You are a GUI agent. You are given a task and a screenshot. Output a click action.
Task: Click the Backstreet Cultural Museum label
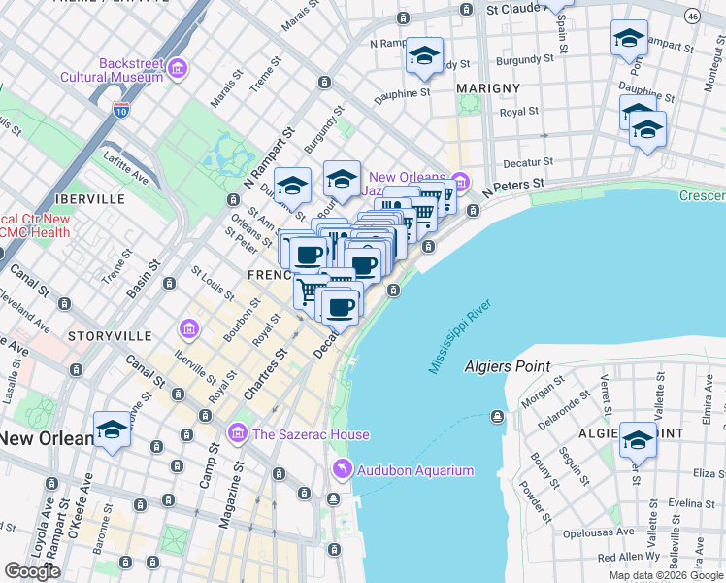[111, 68]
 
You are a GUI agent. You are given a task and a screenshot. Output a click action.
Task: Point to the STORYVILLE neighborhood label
[110, 335]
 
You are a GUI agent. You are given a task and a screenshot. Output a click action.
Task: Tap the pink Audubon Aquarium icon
[342, 471]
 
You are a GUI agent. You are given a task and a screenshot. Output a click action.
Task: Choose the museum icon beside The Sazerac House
[236, 433]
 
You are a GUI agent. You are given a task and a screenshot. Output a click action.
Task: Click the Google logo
[32, 571]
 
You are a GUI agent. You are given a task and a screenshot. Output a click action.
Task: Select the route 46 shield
[691, 16]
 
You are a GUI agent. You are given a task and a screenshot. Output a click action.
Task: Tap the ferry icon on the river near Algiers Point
[498, 417]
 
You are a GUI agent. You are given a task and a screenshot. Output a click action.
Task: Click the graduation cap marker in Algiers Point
[638, 439]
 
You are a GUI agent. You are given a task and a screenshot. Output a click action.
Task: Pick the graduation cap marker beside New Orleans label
[112, 430]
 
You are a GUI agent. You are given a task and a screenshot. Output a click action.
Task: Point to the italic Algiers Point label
[507, 367]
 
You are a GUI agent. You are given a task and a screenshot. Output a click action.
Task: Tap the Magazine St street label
[231, 501]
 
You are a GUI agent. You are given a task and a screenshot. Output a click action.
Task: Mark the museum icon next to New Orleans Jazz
[460, 181]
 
